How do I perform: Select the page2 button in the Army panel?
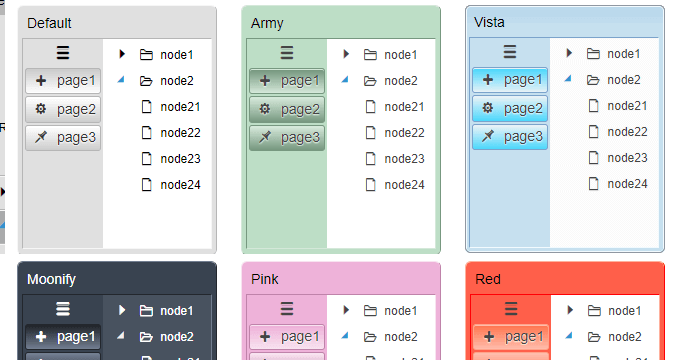287,109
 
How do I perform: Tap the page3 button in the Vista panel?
510,136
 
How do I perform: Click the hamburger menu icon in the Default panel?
63,53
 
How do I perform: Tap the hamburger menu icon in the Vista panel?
510,52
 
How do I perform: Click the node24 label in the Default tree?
180,184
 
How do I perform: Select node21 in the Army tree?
404,107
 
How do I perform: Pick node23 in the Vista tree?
627,158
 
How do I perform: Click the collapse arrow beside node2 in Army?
345,79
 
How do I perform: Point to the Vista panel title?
489,22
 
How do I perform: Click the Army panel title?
267,22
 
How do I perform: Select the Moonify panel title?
51,279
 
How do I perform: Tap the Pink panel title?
265,279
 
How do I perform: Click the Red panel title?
488,279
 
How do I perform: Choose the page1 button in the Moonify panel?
63,337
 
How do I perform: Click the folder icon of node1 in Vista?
593,54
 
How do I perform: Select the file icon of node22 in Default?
147,132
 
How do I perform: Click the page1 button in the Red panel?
510,337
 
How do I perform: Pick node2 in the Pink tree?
404,337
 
